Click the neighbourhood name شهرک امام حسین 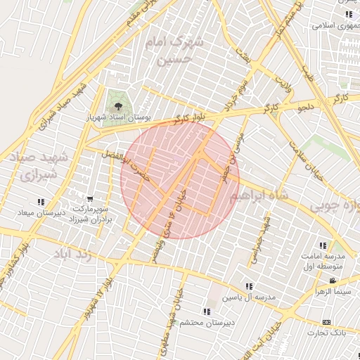(173, 51)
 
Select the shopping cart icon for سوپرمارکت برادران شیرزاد (90, 198)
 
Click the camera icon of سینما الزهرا (333, 281)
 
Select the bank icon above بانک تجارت (325, 321)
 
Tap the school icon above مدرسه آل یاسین (248, 286)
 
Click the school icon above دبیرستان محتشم (206, 311)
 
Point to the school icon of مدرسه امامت (323, 245)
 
